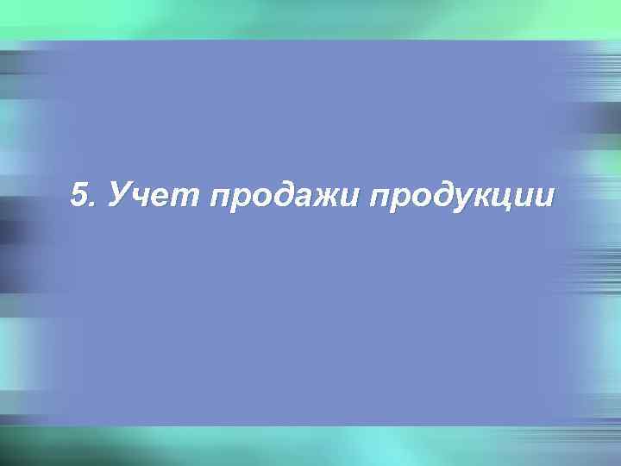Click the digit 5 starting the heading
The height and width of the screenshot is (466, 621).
[x=80, y=197]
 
